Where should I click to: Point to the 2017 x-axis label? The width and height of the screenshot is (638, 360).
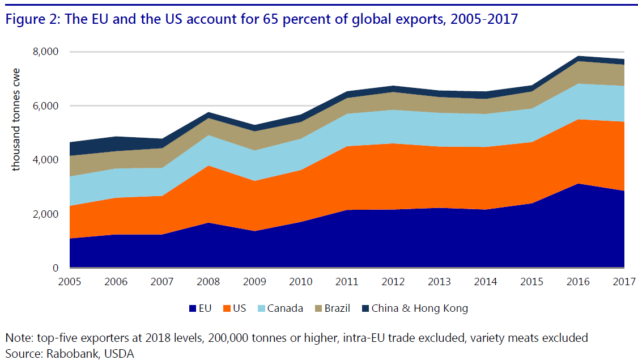pyautogui.click(x=623, y=281)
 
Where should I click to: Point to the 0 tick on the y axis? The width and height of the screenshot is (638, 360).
pyautogui.click(x=56, y=268)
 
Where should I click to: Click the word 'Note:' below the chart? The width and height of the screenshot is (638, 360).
pyautogui.click(x=18, y=338)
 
